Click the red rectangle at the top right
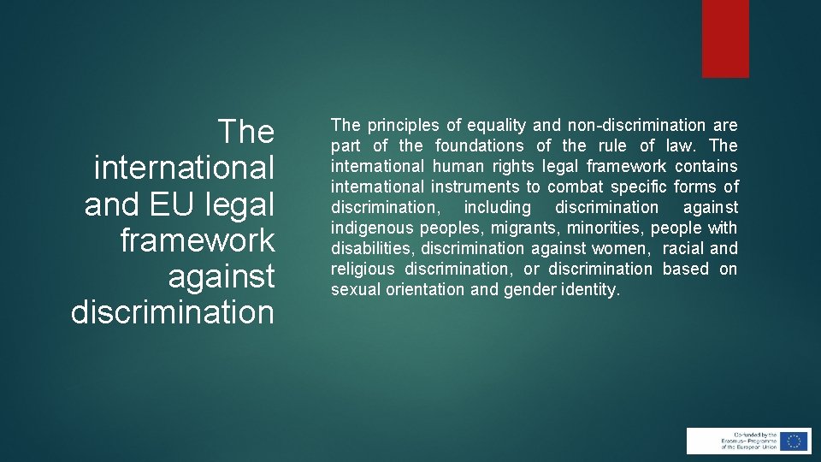click(x=725, y=38)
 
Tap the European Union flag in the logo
click(x=794, y=441)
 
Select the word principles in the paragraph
click(x=405, y=126)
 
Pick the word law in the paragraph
click(x=682, y=146)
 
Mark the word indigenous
click(x=370, y=228)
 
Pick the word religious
click(x=363, y=269)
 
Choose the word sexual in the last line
click(x=354, y=290)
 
